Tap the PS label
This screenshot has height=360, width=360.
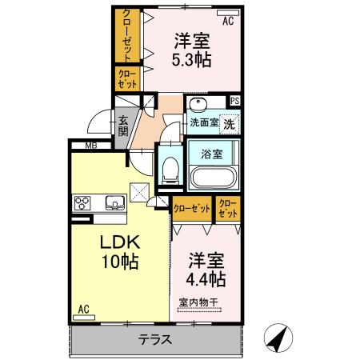(234, 101)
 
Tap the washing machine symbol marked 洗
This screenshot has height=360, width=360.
(229, 124)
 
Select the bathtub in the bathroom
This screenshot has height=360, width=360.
(212, 175)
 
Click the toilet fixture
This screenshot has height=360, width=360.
(169, 168)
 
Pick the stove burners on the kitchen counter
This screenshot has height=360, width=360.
(83, 202)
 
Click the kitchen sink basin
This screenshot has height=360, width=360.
(113, 202)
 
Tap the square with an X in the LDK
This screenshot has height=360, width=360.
(139, 190)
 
